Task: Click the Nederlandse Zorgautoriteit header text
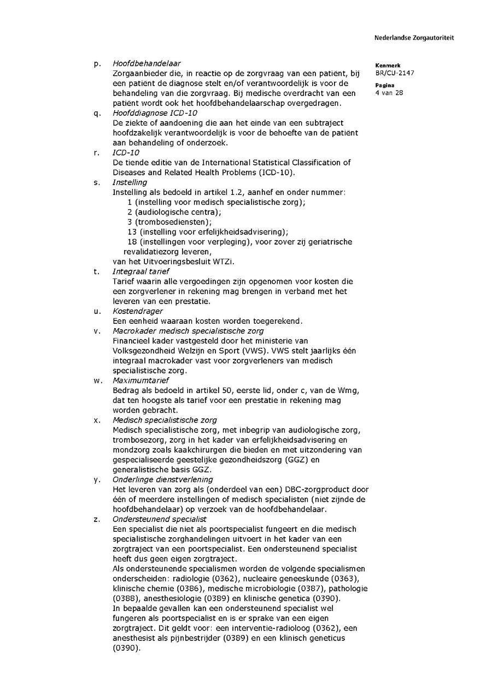coord(414,38)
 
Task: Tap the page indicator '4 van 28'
coord(389,93)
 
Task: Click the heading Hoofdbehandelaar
coord(147,63)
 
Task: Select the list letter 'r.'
coord(97,153)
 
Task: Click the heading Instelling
coord(130,182)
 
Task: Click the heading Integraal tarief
coord(140,271)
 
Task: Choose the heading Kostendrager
coord(137,311)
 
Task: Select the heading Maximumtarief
coord(140,381)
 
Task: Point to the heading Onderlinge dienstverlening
coord(162,479)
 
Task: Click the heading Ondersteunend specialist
coord(159,519)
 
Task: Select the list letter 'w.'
coord(97,381)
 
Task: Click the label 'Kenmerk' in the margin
coord(388,65)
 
